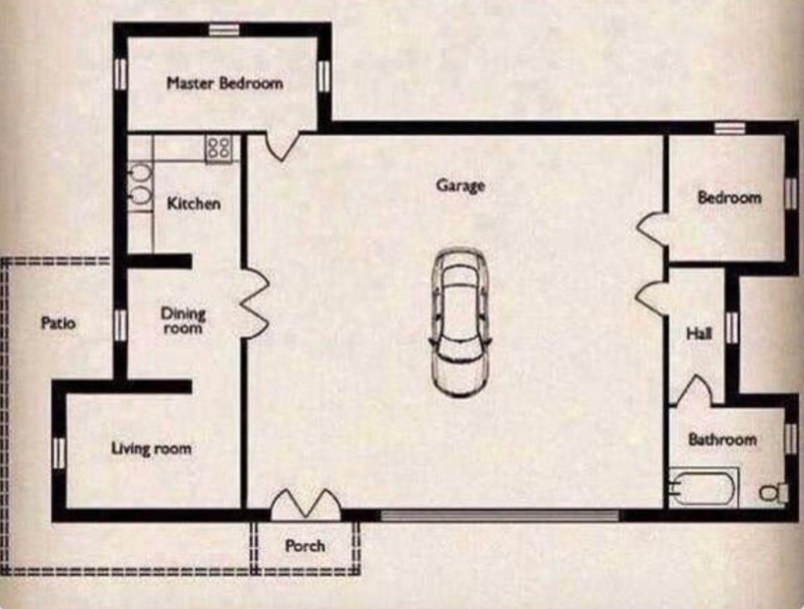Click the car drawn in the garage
pos(459,323)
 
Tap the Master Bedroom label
pos(224,83)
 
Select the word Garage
pos(460,185)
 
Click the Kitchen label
pos(193,204)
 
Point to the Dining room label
pos(183,320)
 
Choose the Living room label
pos(151,448)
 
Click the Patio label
pos(58,323)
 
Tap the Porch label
pos(305,545)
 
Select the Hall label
pos(699,335)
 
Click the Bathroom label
pos(722,440)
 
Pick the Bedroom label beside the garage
pos(728,197)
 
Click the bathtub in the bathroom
pos(702,486)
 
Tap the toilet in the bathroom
pos(770,493)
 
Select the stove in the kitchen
pos(219,149)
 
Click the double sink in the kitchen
pos(141,185)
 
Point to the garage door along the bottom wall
pos(499,516)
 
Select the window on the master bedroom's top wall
pos(224,29)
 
